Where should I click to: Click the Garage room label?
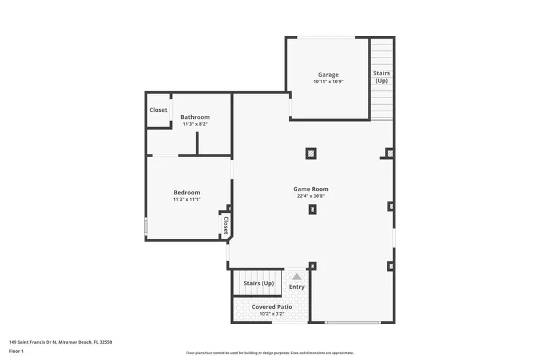[x=328, y=75]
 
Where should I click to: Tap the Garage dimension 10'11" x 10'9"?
[x=328, y=82]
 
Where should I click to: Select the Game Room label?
[x=311, y=189]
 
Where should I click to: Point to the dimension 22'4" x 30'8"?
[x=311, y=196]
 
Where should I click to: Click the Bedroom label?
[x=187, y=192]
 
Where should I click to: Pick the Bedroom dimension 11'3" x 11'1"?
[x=187, y=199]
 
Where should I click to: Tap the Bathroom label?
[x=195, y=117]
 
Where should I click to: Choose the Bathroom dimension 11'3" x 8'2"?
[x=195, y=124]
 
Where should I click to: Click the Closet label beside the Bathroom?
[x=158, y=110]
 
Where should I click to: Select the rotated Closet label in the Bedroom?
[x=226, y=225]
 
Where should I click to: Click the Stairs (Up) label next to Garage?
[x=382, y=77]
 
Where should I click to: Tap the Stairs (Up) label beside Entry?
[x=259, y=283]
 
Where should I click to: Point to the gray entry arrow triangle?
[x=297, y=277]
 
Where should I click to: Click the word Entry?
[x=297, y=287]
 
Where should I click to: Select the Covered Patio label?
[x=272, y=306]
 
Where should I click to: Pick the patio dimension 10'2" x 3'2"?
[x=272, y=314]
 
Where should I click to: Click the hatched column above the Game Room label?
[x=311, y=153]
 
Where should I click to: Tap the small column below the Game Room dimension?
[x=312, y=209]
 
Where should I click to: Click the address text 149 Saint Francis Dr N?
[x=32, y=342]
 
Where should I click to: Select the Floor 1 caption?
[x=16, y=351]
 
